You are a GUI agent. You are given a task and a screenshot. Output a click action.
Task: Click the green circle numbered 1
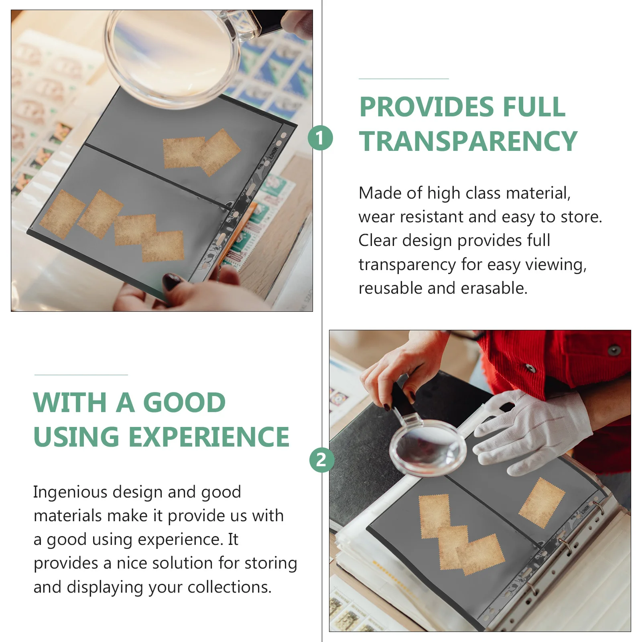(x=320, y=138)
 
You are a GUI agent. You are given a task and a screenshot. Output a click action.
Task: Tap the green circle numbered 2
(x=321, y=460)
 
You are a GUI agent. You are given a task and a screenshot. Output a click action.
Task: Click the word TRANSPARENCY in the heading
(x=468, y=141)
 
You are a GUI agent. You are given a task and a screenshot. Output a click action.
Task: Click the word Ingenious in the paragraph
(x=70, y=492)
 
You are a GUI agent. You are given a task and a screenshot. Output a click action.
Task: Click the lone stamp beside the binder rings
(x=542, y=502)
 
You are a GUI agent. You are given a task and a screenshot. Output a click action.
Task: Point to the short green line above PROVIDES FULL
(x=403, y=79)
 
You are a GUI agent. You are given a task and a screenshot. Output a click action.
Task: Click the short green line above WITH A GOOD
(x=81, y=375)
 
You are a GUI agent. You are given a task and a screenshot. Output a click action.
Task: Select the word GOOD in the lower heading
(x=184, y=402)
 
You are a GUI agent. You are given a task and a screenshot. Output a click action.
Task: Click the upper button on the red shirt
(x=614, y=349)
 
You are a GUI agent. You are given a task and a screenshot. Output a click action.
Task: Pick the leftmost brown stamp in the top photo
(x=62, y=214)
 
